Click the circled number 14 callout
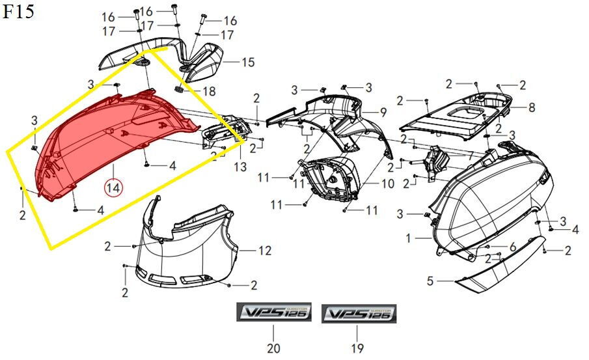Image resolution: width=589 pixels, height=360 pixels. click(114, 188)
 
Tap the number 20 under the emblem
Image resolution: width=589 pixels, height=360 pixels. click(273, 348)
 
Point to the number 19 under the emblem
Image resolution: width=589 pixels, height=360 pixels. click(357, 348)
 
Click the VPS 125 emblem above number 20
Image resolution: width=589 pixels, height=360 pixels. click(273, 314)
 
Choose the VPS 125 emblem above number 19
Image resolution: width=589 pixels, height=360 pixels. click(357, 314)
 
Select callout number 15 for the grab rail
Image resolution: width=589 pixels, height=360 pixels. click(248, 62)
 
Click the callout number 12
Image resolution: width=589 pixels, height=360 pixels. click(264, 251)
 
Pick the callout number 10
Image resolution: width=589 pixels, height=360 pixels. click(387, 184)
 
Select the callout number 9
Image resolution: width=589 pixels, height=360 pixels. click(383, 111)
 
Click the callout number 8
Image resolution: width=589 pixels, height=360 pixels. click(531, 107)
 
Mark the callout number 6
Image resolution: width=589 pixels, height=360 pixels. click(513, 246)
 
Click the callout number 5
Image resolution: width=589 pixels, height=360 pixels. click(430, 281)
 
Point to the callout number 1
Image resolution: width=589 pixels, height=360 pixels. click(409, 239)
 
